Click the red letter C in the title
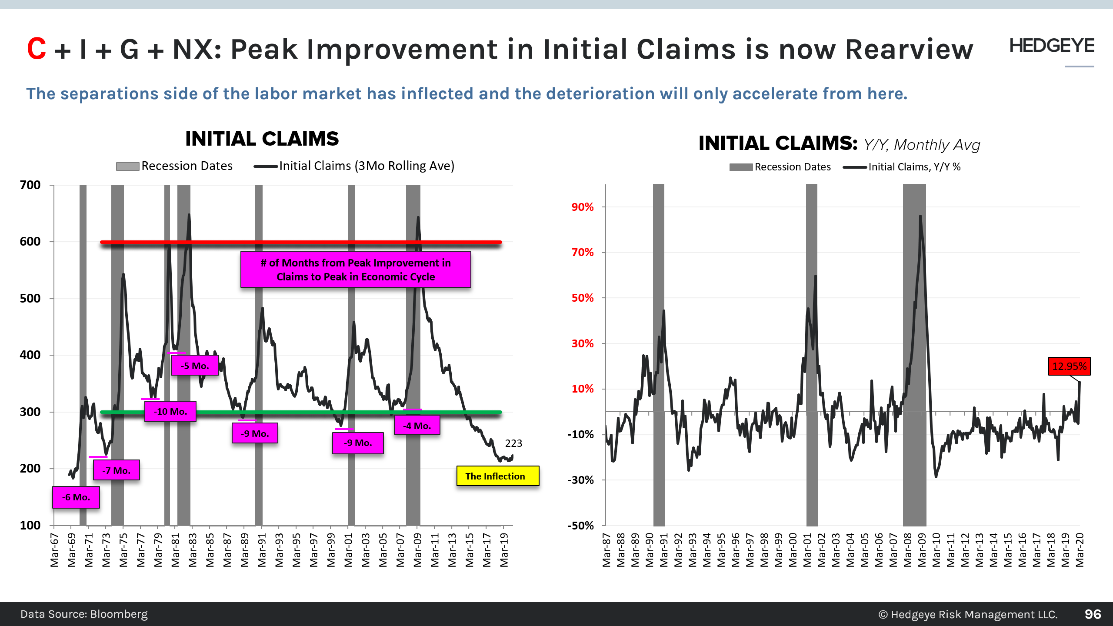(37, 49)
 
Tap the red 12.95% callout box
(1069, 366)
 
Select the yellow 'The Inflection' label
(497, 476)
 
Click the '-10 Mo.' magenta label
(170, 411)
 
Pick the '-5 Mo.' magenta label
(195, 366)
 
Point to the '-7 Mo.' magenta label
(116, 470)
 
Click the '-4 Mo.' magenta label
(417, 426)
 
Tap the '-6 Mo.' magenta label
(76, 497)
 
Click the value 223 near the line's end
(513, 443)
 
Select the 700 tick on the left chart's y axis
(30, 185)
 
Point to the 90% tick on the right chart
(582, 207)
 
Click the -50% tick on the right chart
(580, 526)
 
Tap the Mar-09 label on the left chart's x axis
(417, 550)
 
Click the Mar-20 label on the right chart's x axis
(1080, 550)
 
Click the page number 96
(1093, 614)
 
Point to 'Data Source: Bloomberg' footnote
(84, 614)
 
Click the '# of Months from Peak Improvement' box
(356, 270)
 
